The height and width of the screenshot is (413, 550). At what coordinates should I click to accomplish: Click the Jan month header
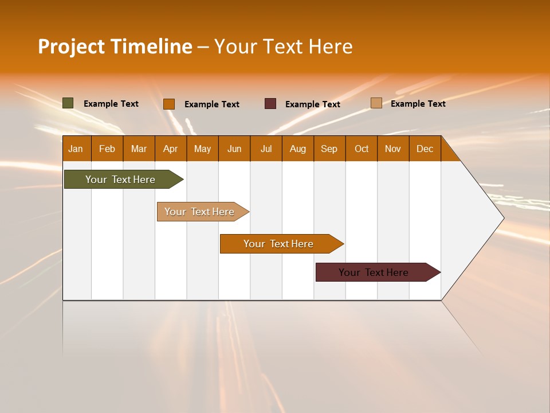[x=76, y=149]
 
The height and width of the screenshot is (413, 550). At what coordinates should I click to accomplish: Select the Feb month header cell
[x=107, y=149]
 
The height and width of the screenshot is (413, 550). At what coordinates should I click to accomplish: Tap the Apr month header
[x=170, y=149]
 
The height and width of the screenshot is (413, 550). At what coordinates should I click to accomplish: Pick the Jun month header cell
[x=234, y=149]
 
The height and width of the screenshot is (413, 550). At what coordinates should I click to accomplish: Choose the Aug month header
[x=297, y=149]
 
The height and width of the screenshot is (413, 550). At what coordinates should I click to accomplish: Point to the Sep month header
[x=329, y=149]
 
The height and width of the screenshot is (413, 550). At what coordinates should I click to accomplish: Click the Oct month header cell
[x=362, y=149]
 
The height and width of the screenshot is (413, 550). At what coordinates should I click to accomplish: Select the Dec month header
[x=425, y=149]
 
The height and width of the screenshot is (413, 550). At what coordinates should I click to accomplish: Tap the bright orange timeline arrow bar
[x=279, y=244]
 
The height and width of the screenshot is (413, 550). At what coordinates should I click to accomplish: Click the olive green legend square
[x=68, y=103]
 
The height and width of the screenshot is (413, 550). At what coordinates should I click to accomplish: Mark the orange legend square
[x=169, y=104]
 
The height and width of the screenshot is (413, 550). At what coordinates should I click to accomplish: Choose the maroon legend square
[x=270, y=104]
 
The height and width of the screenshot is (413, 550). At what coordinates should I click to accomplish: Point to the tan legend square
[x=376, y=103]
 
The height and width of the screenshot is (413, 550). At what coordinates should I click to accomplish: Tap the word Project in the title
[x=71, y=46]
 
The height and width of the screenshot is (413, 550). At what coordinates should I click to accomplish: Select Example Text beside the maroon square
[x=312, y=104]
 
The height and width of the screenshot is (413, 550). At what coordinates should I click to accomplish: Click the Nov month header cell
[x=393, y=149]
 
